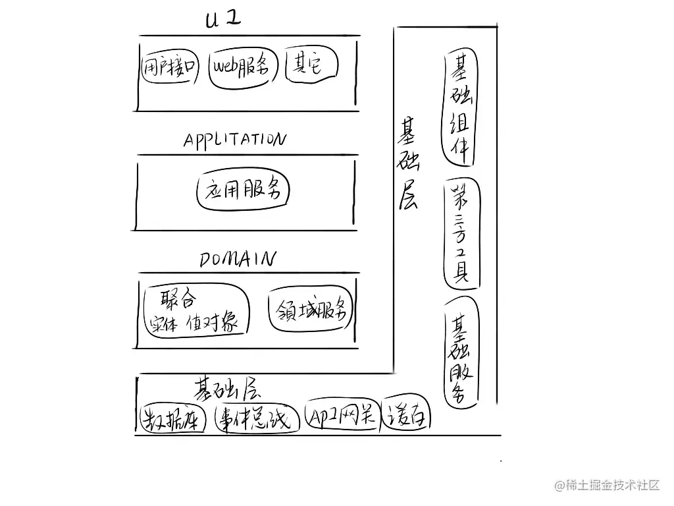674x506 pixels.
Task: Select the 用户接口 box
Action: [x=170, y=66]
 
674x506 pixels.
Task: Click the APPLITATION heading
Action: [x=234, y=140]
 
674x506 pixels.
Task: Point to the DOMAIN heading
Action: [x=237, y=259]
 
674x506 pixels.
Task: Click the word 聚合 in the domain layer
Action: [x=178, y=301]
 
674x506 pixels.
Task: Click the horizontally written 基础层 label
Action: [x=224, y=388]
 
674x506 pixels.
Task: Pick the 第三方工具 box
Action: [x=461, y=234]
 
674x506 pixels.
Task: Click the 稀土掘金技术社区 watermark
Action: [x=606, y=486]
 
